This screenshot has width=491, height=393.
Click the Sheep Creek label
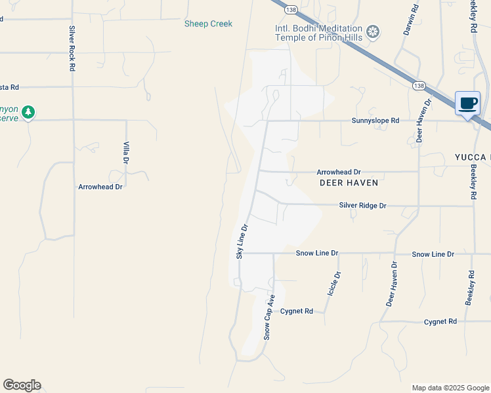pyautogui.click(x=208, y=24)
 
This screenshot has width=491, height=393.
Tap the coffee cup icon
pyautogui.click(x=467, y=103)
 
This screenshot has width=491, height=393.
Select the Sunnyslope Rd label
pyautogui.click(x=375, y=121)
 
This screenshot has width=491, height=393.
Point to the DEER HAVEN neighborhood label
pyautogui.click(x=349, y=183)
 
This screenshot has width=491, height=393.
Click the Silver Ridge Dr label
pyautogui.click(x=363, y=205)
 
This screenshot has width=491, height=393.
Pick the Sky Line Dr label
pyautogui.click(x=242, y=241)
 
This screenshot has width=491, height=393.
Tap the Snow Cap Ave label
pyautogui.click(x=268, y=317)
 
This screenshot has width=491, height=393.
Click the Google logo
pyautogui.click(x=22, y=385)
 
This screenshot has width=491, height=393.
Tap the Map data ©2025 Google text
pyautogui.click(x=450, y=388)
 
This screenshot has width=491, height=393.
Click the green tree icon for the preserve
pyautogui.click(x=28, y=113)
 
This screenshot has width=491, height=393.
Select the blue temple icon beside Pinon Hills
pyautogui.click(x=373, y=31)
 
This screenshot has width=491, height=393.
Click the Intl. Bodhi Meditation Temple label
pyautogui.click(x=318, y=33)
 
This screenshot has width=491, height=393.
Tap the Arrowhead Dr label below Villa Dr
pyautogui.click(x=100, y=187)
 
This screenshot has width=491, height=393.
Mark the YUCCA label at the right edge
pyautogui.click(x=472, y=157)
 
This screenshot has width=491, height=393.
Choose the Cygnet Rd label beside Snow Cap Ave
pyautogui.click(x=295, y=311)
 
